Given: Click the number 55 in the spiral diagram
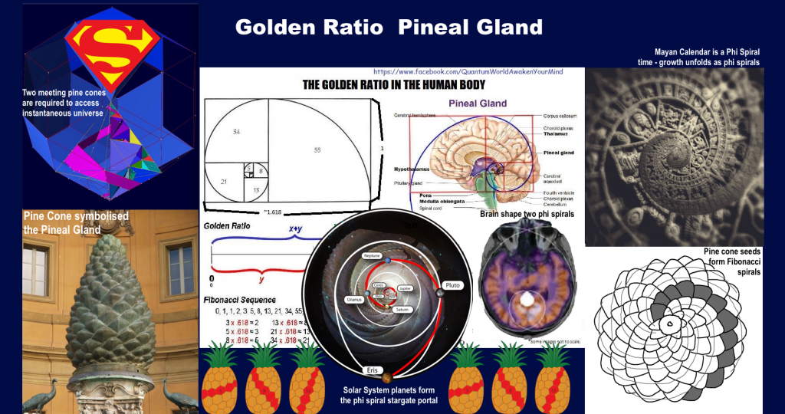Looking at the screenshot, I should [x=317, y=151].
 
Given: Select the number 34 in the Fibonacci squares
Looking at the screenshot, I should [x=236, y=132].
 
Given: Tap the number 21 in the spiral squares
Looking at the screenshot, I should [x=223, y=181].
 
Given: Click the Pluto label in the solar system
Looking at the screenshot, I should [x=452, y=285].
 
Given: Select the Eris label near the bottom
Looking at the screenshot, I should [x=373, y=370].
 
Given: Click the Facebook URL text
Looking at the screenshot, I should [x=468, y=71].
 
